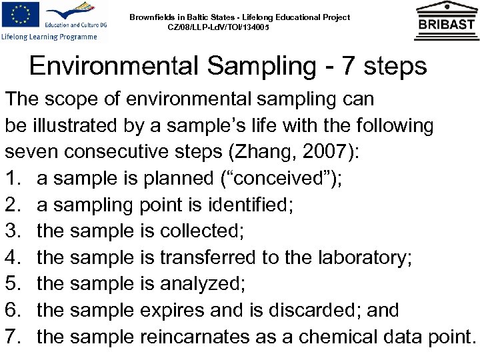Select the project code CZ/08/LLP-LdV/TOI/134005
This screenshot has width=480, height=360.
pos(220,27)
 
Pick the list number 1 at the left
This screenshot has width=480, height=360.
pos(13,177)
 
